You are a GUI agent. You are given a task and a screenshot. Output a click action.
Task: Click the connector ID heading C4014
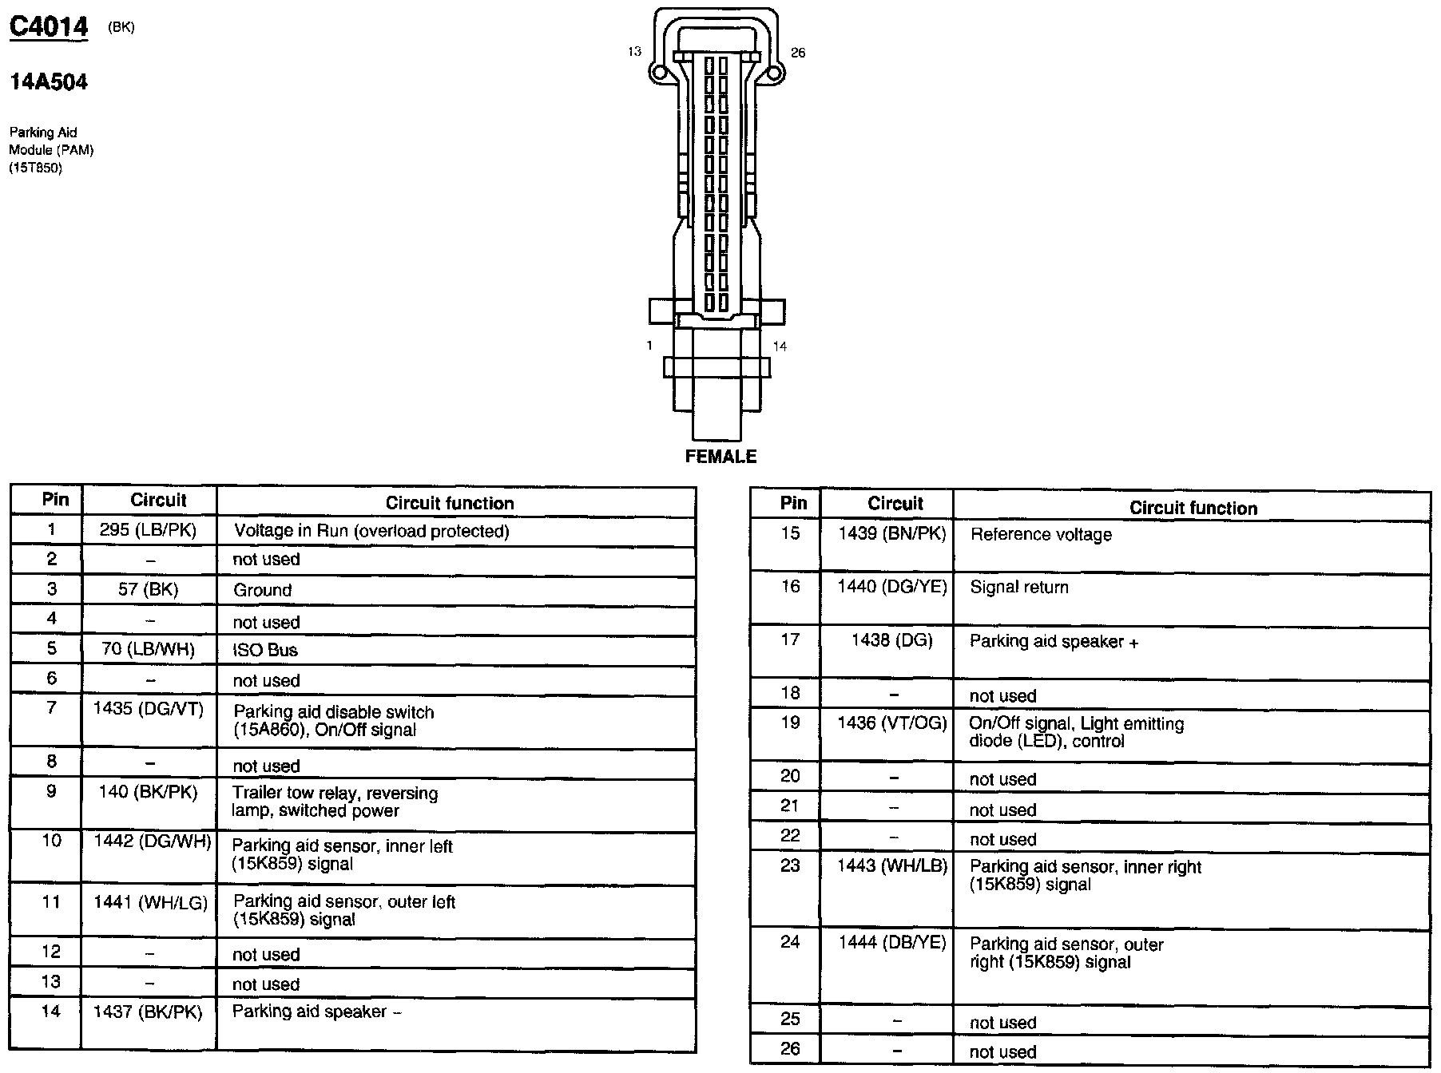pos(48,27)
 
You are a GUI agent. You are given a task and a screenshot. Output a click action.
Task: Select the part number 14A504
pos(48,81)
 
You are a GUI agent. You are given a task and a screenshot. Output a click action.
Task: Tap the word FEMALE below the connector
pos(720,457)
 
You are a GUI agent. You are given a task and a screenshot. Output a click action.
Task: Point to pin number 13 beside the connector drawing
pos(634,52)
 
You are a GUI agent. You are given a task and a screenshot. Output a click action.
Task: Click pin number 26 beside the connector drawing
pos(798,53)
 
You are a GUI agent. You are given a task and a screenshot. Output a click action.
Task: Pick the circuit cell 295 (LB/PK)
pos(148,530)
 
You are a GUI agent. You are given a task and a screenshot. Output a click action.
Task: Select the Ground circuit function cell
pos(263,590)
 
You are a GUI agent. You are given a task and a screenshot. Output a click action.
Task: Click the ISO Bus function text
pos(265,650)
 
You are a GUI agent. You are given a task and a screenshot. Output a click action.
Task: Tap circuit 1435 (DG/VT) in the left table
pos(149,708)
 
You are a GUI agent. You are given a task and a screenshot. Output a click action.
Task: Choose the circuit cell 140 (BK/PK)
pos(149,791)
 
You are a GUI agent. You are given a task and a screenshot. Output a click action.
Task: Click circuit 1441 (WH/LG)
pos(150,902)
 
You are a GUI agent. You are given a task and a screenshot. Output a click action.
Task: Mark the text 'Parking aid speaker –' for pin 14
pos(316,1012)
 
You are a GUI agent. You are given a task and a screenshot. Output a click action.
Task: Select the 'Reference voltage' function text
pos(1041,535)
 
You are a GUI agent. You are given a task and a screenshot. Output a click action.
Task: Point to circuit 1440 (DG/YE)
pos(892,587)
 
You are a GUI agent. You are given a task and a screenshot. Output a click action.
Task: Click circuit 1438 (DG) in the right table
pos(892,639)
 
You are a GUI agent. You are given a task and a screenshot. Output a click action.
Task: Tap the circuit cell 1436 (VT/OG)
pos(892,723)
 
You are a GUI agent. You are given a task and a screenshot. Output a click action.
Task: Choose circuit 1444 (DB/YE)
pos(892,943)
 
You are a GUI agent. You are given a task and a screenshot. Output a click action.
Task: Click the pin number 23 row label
pos(790,865)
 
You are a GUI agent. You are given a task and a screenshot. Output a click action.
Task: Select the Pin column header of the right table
pos(793,503)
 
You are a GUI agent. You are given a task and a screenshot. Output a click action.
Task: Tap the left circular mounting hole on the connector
pos(660,74)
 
